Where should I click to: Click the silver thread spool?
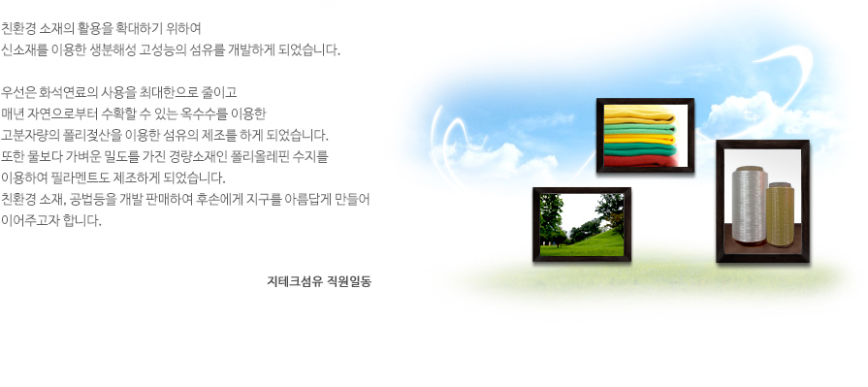(749, 205)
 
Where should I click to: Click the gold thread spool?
(780, 214)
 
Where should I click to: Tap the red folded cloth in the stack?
(640, 161)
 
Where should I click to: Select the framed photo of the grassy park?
(582, 224)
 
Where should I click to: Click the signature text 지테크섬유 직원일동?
(319, 281)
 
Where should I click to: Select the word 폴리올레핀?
(251, 157)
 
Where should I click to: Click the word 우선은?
(18, 92)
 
